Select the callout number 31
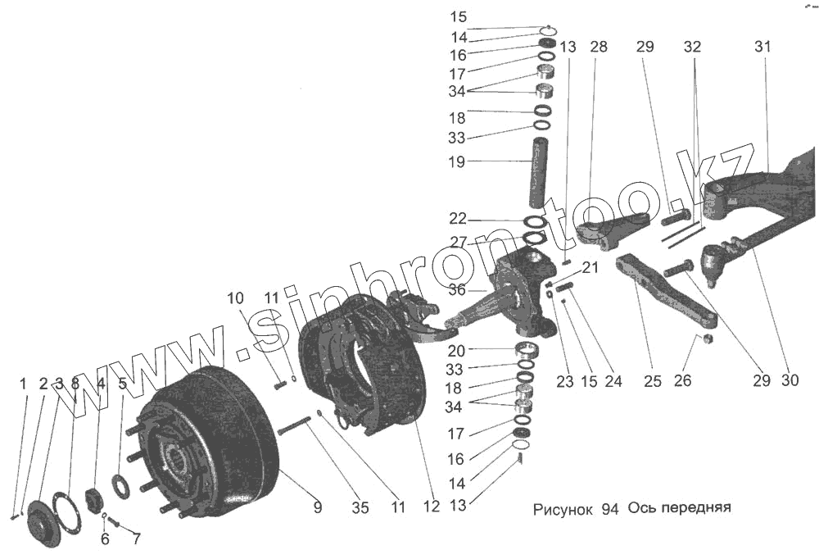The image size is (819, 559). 762,48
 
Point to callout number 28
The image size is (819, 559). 598,48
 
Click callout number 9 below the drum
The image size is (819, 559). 317,508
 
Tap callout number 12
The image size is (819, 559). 432,507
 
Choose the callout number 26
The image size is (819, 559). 682,380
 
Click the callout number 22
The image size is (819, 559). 457,219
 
